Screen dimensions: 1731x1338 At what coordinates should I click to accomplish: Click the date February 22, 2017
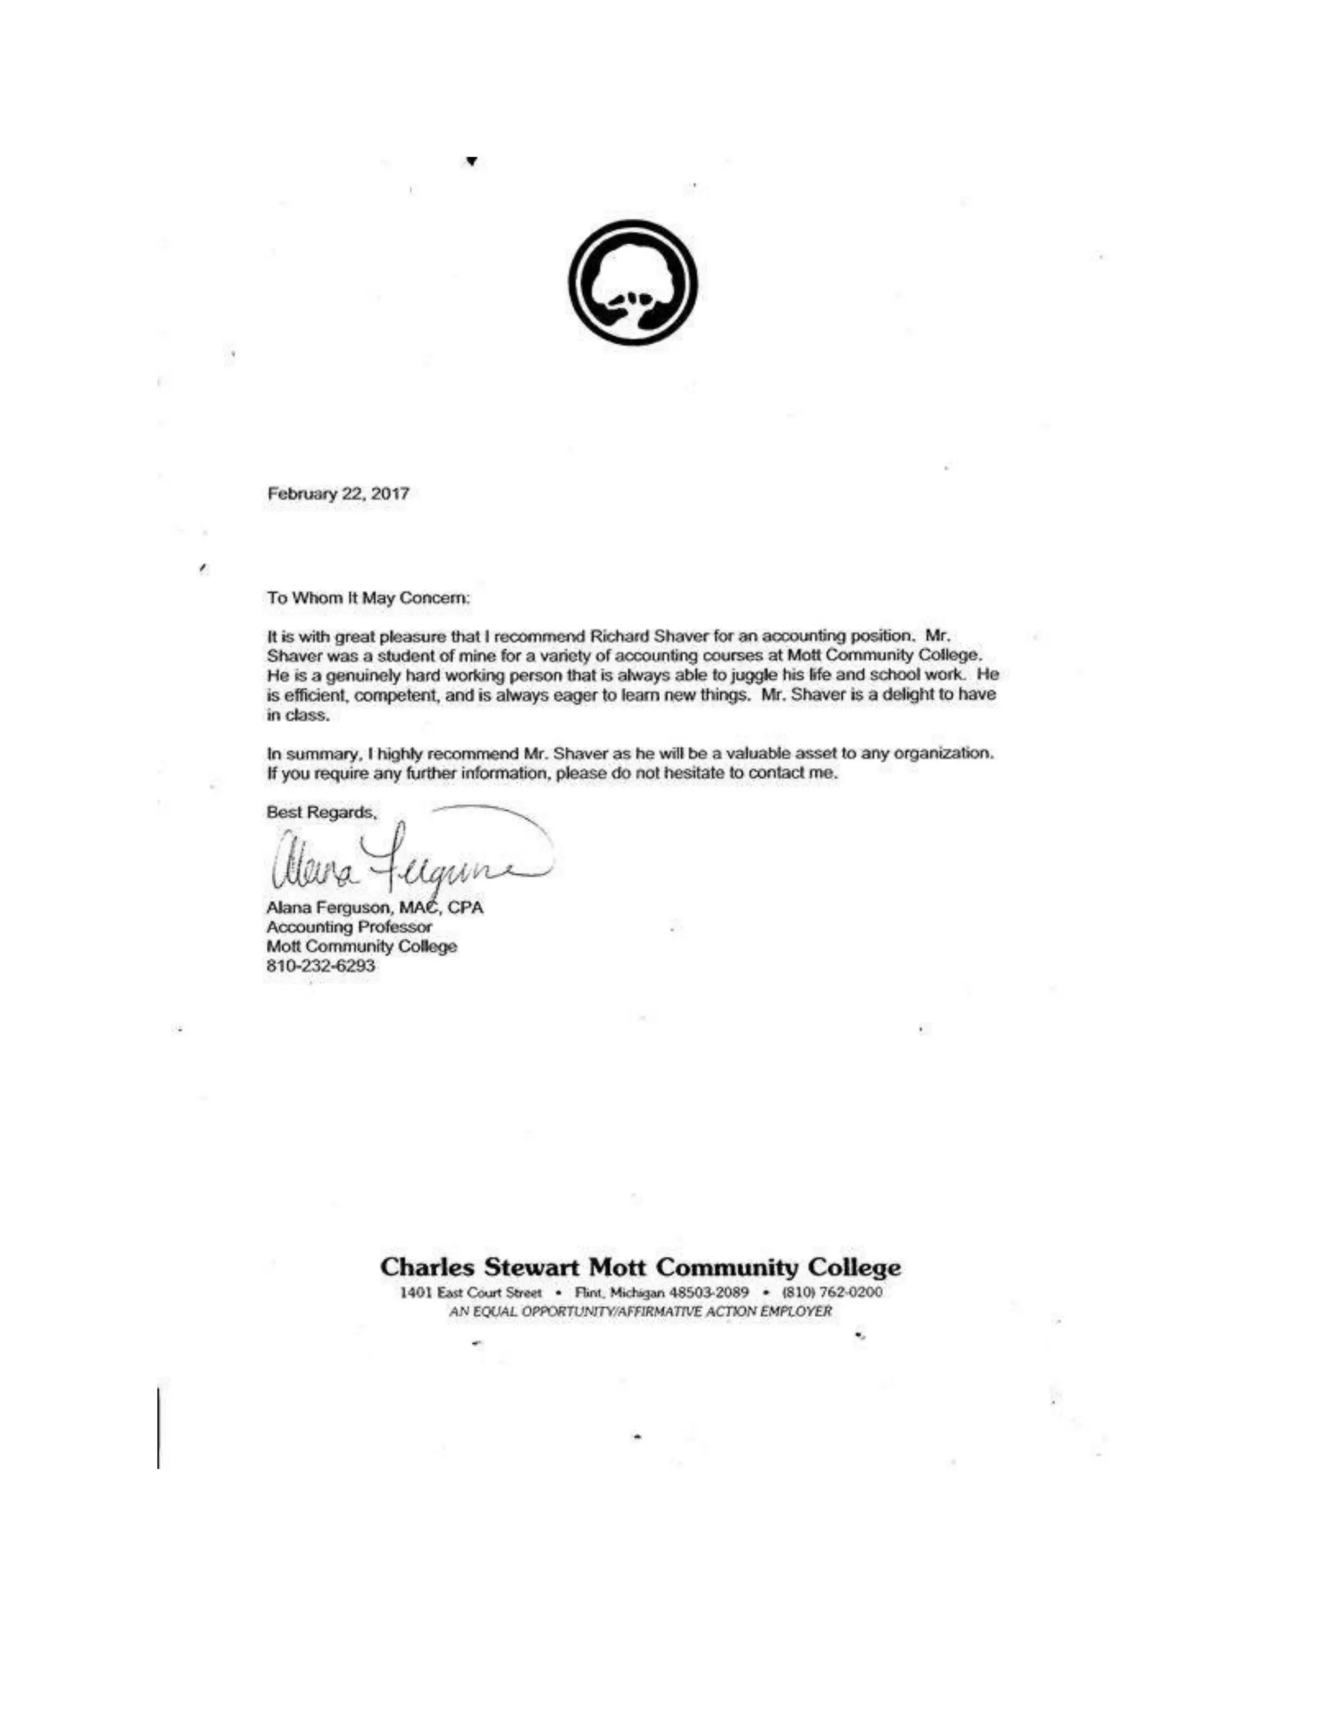click(x=338, y=494)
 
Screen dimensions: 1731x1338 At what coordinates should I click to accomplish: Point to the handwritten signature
click(x=404, y=860)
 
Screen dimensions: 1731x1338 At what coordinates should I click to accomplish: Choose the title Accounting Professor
click(x=350, y=928)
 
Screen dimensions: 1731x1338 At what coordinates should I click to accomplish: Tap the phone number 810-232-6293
click(x=321, y=966)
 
